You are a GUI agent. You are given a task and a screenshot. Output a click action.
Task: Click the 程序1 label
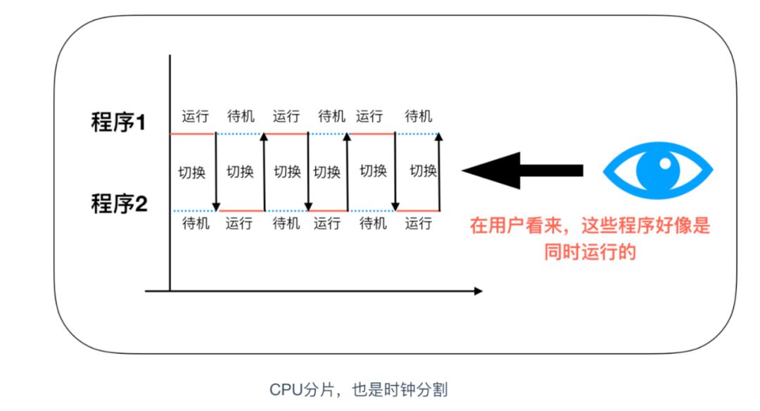click(118, 123)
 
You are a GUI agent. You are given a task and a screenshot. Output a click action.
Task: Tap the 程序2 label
click(118, 204)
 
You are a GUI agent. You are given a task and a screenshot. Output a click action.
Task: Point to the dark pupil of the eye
click(659, 170)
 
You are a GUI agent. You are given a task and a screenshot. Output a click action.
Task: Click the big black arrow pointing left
click(522, 170)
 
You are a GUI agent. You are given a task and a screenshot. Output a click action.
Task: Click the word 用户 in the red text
click(505, 227)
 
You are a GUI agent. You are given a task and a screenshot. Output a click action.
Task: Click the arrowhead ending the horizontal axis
click(478, 291)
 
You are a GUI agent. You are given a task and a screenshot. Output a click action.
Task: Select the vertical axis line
click(170, 176)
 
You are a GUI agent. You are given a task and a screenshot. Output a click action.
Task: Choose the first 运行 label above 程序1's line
click(195, 116)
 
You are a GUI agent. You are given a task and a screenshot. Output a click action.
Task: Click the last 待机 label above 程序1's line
click(419, 116)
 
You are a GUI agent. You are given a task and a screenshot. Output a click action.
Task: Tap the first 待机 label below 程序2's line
click(196, 224)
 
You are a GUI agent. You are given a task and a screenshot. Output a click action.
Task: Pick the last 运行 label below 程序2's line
click(419, 224)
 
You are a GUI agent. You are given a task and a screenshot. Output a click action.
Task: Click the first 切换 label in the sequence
click(191, 172)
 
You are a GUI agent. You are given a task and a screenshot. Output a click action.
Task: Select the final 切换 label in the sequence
click(424, 171)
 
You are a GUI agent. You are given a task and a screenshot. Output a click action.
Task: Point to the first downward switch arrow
click(216, 172)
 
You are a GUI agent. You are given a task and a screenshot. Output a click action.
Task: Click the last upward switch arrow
click(439, 172)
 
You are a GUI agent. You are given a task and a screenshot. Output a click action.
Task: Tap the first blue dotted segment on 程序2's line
click(194, 210)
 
